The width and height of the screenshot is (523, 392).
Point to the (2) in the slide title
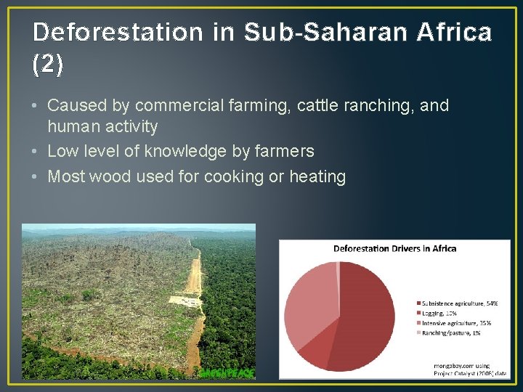click(48, 65)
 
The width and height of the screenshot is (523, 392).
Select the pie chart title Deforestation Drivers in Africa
click(394, 248)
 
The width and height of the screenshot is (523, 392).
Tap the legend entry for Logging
click(440, 312)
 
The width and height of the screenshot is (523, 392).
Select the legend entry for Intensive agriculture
click(455, 322)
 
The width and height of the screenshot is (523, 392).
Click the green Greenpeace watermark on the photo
click(227, 372)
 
